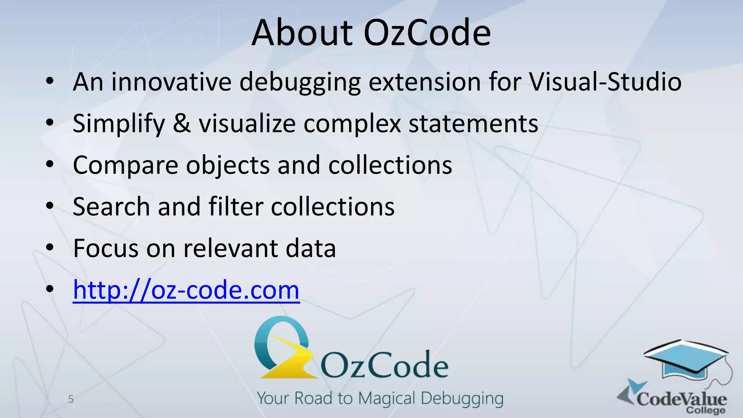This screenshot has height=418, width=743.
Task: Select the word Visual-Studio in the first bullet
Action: pos(605,82)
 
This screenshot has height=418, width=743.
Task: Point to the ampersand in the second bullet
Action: pos(181,123)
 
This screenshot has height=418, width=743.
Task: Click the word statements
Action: pos(473,123)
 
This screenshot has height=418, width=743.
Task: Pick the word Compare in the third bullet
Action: pos(126,165)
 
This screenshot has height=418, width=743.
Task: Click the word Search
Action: pos(111,206)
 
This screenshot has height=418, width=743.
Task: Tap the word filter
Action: pos(236,206)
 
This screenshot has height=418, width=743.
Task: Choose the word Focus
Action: pos(106,248)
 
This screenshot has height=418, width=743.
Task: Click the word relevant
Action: pos(230,248)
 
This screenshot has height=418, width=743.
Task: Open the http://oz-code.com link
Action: pos(186,290)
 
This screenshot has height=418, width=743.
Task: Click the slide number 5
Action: pos(71,399)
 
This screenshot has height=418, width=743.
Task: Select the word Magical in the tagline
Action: pos(387,398)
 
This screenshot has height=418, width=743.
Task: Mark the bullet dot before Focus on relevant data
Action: pos(50,248)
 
